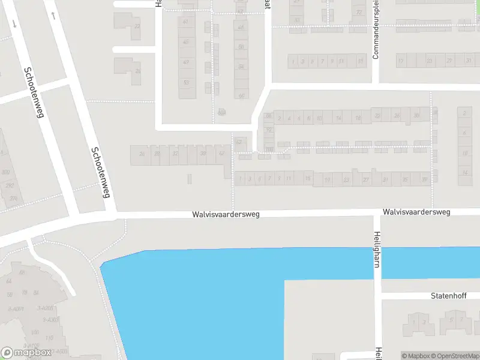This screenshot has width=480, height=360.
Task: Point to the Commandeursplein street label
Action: pyautogui.click(x=376, y=30)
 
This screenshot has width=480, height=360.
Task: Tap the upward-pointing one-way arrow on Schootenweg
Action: pyautogui.click(x=54, y=15)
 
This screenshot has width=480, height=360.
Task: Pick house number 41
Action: pyautogui.click(x=186, y=22)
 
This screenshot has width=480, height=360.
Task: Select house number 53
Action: pyautogui.click(x=186, y=83)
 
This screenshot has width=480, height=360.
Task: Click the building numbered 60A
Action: pyautogui.click(x=222, y=112)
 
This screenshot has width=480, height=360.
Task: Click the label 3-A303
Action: pyautogui.click(x=60, y=351)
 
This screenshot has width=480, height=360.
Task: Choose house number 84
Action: pyautogui.click(x=36, y=293)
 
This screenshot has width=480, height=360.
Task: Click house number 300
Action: pyautogui.click(x=6, y=172)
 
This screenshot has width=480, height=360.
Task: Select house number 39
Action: pyautogui.click(x=424, y=179)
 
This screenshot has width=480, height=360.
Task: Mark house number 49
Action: pyautogui.click(x=186, y=62)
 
